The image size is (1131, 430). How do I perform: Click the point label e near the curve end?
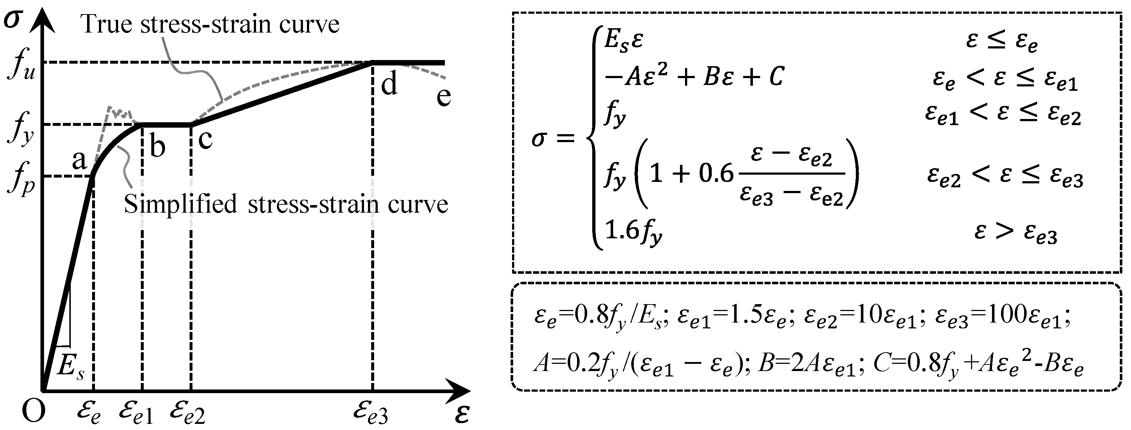point(443,96)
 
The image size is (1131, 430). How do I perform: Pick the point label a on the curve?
point(79,160)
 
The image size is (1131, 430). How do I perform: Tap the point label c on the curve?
point(205,139)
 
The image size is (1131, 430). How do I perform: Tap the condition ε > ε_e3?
point(1015,232)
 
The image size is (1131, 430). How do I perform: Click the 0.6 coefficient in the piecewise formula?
point(716,174)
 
